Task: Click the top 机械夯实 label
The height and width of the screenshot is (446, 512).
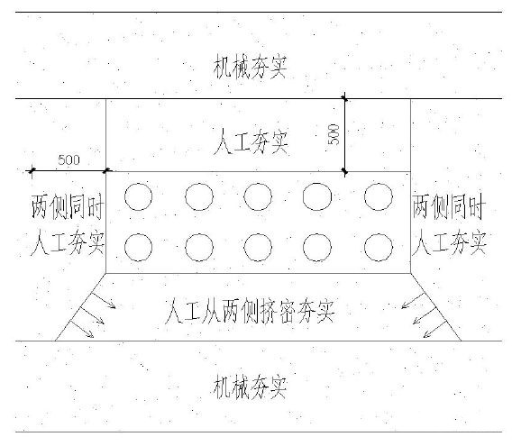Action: coord(250,68)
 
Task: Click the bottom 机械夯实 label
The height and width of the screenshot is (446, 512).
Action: coord(250,387)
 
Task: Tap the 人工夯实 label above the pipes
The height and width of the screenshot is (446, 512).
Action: coord(251,141)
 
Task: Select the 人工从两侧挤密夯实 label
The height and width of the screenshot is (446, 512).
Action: coord(250,311)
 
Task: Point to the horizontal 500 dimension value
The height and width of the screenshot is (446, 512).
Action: coord(69,160)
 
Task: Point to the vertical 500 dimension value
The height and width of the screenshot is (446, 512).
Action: coord(334,134)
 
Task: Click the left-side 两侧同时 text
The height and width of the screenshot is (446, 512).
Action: coord(68,206)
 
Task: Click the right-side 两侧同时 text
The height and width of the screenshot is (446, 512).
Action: coord(449,206)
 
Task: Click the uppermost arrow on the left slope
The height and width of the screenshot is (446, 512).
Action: coord(103,300)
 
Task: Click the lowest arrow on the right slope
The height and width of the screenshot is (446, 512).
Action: coord(435,329)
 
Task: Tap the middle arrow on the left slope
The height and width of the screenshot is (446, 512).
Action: coord(93,315)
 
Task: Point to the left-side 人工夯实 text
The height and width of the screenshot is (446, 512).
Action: coord(68,242)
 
